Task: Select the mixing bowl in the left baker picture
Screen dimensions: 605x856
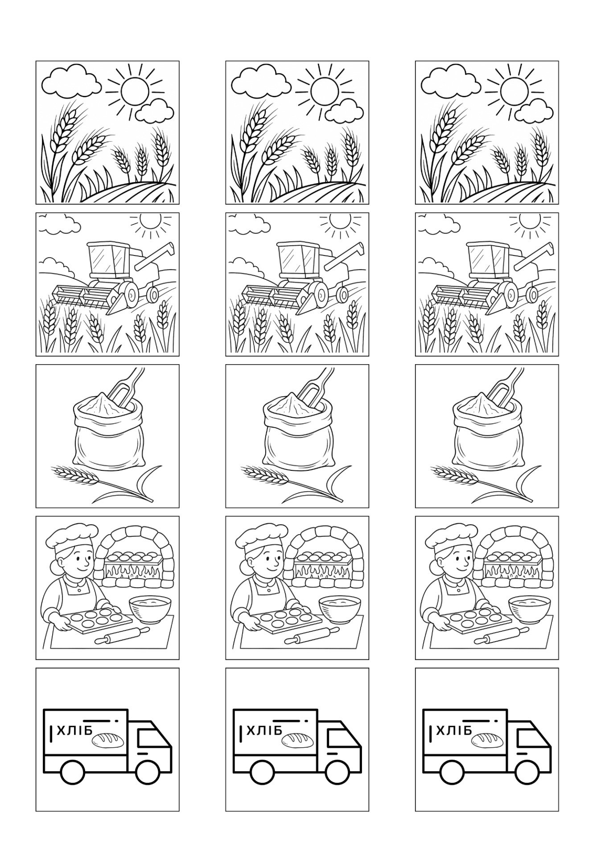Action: (150, 609)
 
